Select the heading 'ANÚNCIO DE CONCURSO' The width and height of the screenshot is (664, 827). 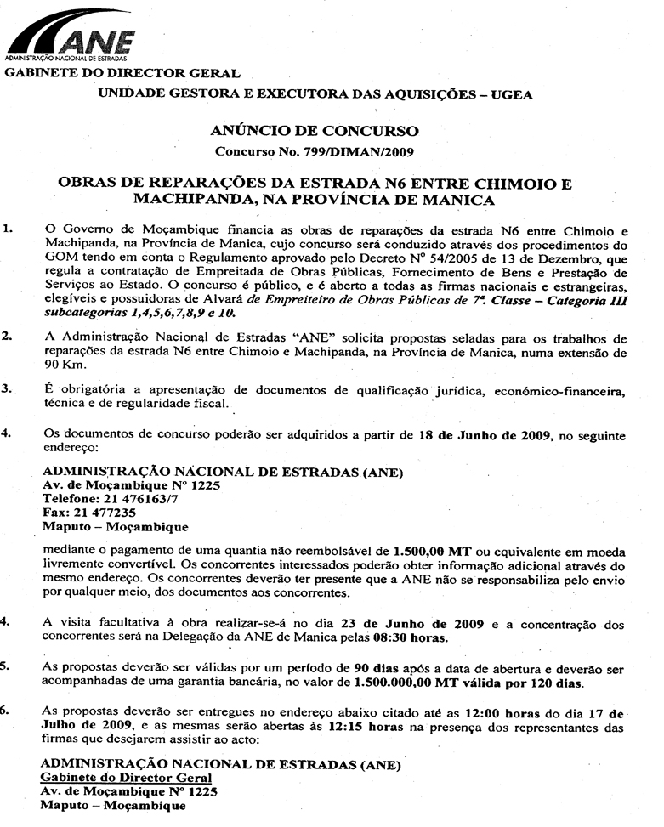coord(315,132)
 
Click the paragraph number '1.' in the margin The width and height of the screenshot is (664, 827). coord(9,230)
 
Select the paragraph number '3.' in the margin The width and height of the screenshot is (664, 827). coord(8,390)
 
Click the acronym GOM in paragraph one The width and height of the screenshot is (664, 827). coord(58,258)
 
